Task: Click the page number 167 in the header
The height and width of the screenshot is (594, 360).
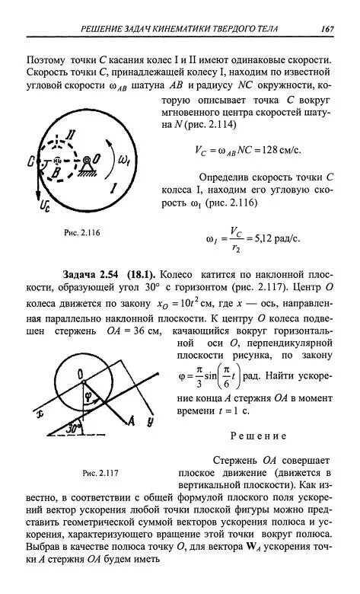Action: pyautogui.click(x=328, y=29)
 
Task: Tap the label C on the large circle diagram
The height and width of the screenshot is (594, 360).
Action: pyautogui.click(x=30, y=161)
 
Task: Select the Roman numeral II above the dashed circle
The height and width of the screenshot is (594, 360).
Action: pyautogui.click(x=70, y=135)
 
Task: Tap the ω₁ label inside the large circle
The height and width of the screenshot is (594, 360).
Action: pyautogui.click(x=124, y=160)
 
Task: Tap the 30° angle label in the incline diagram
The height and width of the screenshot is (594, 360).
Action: pyautogui.click(x=74, y=428)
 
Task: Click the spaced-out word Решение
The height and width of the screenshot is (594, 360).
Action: pyautogui.click(x=257, y=436)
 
